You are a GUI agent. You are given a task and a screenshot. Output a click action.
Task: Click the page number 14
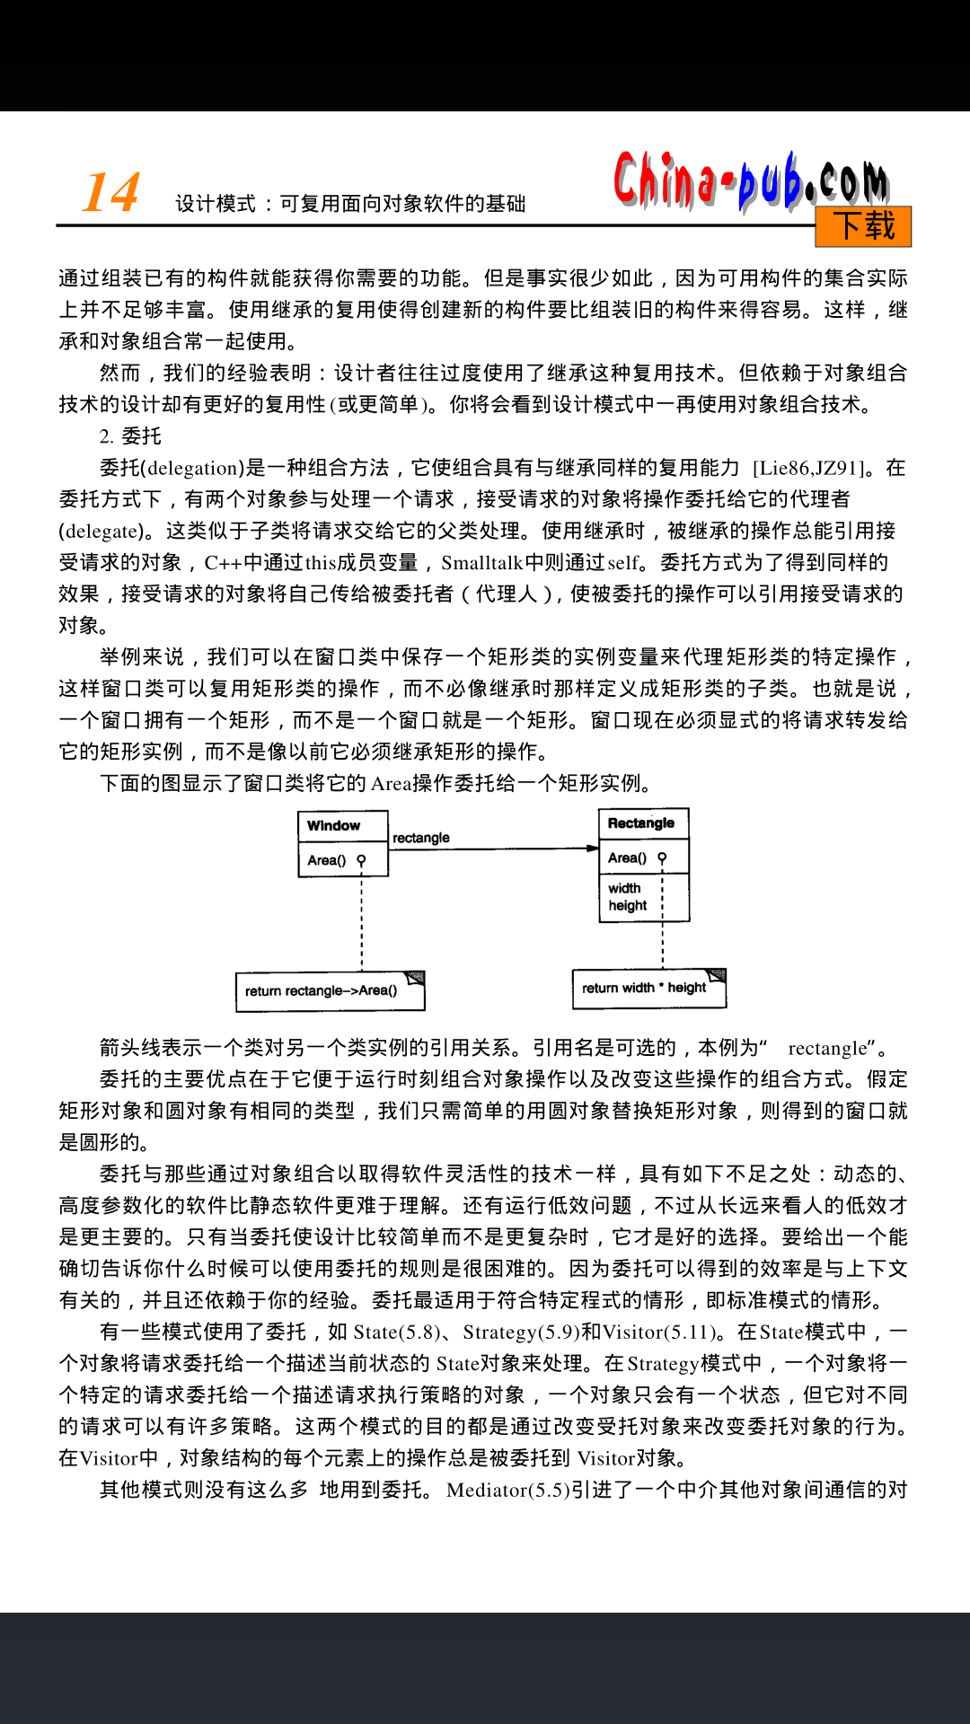tap(111, 192)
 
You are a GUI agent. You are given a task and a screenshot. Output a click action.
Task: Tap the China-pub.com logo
tap(751, 182)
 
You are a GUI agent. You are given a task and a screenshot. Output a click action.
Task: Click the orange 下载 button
tap(863, 226)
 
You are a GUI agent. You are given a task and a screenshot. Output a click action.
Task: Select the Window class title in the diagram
tap(333, 826)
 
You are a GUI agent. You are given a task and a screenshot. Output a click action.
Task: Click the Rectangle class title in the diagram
tap(641, 823)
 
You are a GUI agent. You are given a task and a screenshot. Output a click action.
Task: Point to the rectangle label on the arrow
tap(421, 838)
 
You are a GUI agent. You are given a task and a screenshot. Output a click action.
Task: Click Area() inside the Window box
tap(326, 860)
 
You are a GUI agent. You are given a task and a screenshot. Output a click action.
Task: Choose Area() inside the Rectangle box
tap(627, 858)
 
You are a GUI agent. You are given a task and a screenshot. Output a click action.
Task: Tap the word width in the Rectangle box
tap(624, 888)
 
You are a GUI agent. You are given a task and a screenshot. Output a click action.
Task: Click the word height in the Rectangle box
tap(628, 906)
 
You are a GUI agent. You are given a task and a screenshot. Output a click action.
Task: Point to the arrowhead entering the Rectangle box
tap(592, 848)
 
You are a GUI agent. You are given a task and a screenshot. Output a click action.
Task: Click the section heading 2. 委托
tap(130, 436)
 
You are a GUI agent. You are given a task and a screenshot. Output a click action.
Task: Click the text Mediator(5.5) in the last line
tap(507, 1490)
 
